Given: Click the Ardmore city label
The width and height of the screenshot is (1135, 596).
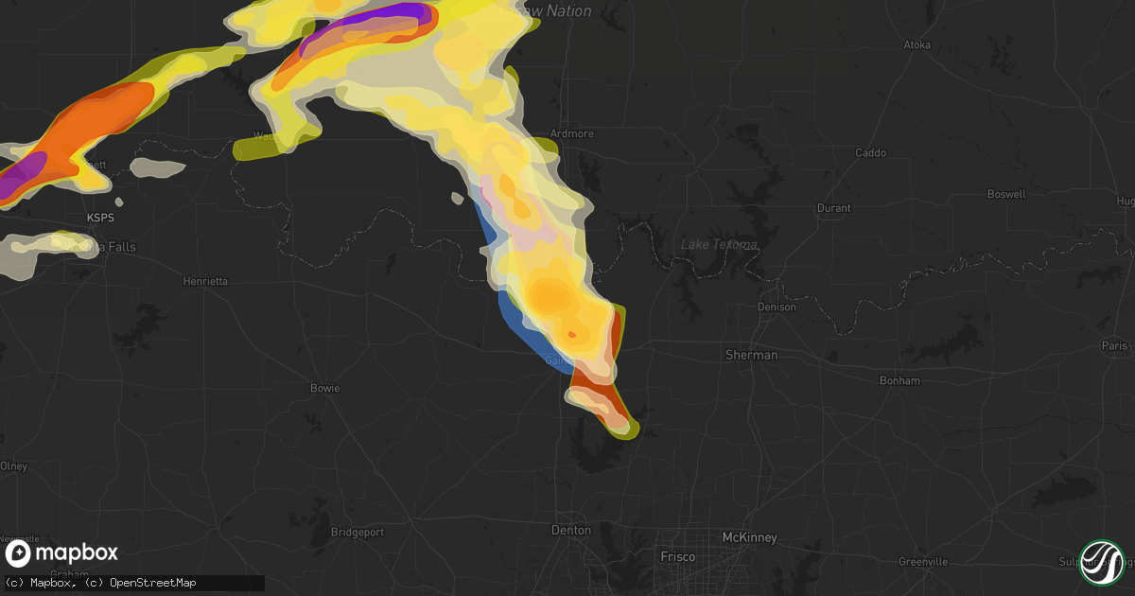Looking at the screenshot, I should [x=572, y=134].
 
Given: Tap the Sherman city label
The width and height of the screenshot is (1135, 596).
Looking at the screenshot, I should [x=751, y=355].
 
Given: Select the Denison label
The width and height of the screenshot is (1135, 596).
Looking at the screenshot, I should [x=777, y=307].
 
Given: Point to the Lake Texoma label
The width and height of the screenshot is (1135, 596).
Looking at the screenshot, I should [x=720, y=245].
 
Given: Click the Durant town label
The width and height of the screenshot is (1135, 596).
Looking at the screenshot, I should [x=834, y=208].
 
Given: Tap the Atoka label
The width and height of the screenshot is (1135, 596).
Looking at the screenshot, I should [x=917, y=44].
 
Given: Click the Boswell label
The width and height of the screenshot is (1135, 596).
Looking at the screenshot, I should [x=1005, y=194].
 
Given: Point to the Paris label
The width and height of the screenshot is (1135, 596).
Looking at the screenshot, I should [x=1115, y=346].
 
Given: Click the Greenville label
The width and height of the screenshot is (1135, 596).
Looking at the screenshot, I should [x=923, y=561].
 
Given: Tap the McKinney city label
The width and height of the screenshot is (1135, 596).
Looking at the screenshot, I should [x=749, y=537].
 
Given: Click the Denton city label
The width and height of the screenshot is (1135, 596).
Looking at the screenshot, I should [x=571, y=531].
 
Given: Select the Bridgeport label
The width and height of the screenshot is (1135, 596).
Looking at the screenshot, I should [x=358, y=532].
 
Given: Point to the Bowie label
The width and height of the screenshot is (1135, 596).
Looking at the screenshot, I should [x=324, y=388].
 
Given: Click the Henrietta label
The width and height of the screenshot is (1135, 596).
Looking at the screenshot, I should [x=205, y=281].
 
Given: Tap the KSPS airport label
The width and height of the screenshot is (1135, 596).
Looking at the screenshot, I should [x=100, y=218].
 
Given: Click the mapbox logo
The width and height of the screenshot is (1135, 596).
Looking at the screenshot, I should [x=62, y=553].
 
